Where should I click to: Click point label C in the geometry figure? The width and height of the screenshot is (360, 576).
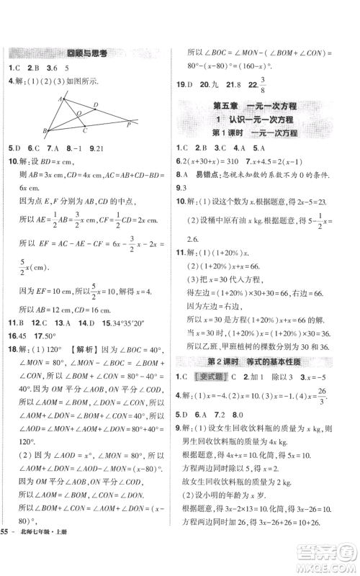click(x=85, y=130)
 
